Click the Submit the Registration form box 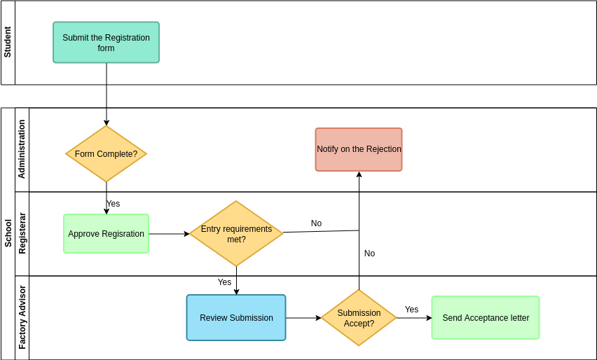click(x=106, y=43)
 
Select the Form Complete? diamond click(x=106, y=153)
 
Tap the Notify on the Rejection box click(x=359, y=149)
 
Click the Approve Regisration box click(x=106, y=234)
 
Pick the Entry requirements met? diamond click(x=236, y=234)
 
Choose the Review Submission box click(x=236, y=318)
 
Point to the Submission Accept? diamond click(x=359, y=318)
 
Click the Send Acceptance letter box click(x=486, y=318)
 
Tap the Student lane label click(x=8, y=42)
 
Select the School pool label click(x=8, y=233)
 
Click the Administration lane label click(x=22, y=149)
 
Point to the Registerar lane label click(x=22, y=233)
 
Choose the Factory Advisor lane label click(x=22, y=317)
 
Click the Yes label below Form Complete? click(x=113, y=204)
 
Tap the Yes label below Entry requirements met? click(x=224, y=282)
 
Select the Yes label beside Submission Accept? click(x=411, y=310)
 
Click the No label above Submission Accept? click(x=369, y=254)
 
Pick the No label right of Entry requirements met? click(x=316, y=223)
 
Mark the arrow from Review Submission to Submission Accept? click(x=303, y=318)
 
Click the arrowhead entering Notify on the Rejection click(x=359, y=175)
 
